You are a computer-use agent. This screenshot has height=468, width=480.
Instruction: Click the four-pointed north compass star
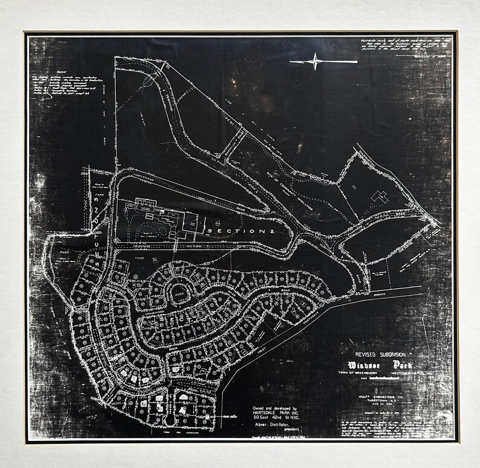point(315,62)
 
